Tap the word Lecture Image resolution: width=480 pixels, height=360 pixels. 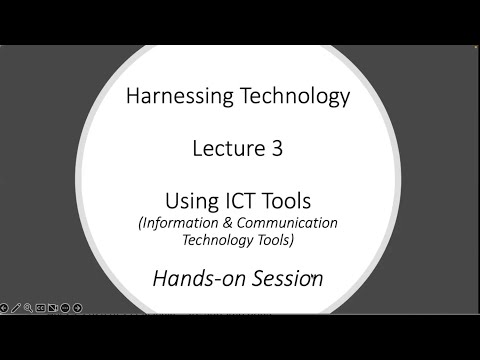[x=225, y=149]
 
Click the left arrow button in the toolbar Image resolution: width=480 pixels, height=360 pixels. [x=3, y=308]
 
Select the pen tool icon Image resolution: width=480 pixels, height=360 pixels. [x=16, y=308]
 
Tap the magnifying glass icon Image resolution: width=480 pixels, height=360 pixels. [x=28, y=308]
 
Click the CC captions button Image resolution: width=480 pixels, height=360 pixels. [x=41, y=308]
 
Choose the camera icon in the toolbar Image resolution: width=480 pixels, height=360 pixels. [x=53, y=308]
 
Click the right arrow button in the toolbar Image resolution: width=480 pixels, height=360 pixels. [x=77, y=308]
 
